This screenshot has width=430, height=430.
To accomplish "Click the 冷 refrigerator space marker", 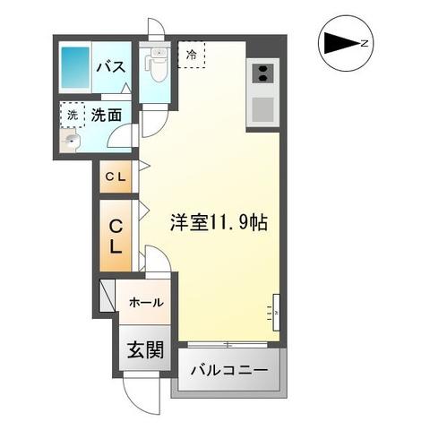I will tap(191, 55).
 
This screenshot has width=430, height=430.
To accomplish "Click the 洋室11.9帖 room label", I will tap(217, 223).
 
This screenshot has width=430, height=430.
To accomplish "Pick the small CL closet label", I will tap(116, 176).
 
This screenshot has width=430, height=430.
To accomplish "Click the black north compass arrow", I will tap(339, 42).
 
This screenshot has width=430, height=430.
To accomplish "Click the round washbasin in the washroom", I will tap(69, 140).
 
